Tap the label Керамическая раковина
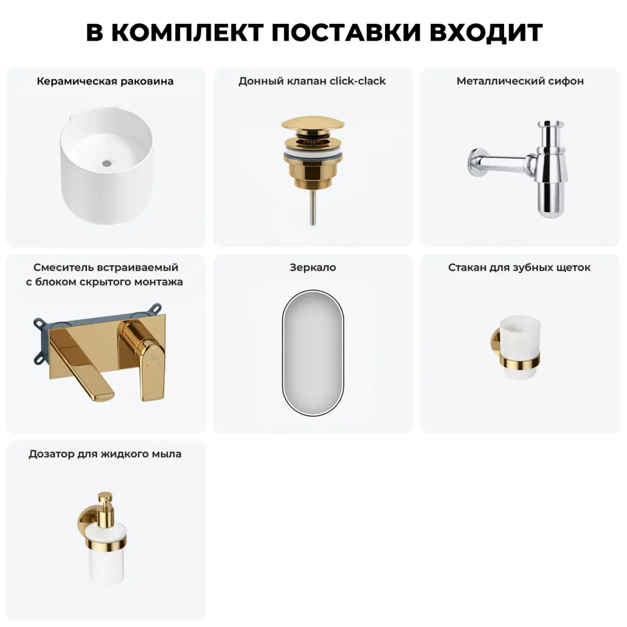[x=105, y=81]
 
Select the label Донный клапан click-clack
[x=312, y=81]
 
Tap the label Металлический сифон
[x=520, y=81]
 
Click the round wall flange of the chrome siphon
[x=475, y=162]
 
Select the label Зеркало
[x=313, y=268]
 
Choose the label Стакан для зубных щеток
[x=519, y=268]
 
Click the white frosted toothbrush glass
[x=519, y=342]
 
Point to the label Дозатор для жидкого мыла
[x=105, y=453]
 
